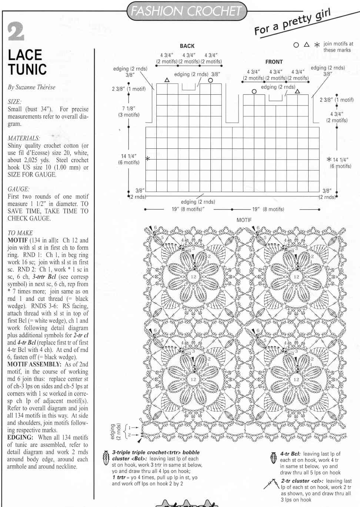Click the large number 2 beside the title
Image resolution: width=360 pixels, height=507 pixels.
[16, 31]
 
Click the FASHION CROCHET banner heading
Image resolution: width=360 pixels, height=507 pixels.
[186, 11]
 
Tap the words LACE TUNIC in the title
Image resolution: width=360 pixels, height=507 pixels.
[27, 62]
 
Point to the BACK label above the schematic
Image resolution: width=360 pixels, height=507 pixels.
[187, 46]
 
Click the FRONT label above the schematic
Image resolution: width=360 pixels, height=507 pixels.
[274, 62]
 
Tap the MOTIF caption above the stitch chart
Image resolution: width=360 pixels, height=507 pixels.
[244, 220]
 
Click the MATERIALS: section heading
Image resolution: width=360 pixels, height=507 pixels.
[24, 138]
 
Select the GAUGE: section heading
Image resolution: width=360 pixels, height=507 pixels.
[19, 189]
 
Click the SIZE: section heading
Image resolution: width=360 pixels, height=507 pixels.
[14, 102]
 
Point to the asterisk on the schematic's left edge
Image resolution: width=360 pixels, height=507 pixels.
[147, 158]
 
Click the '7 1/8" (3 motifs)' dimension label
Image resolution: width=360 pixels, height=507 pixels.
[129, 111]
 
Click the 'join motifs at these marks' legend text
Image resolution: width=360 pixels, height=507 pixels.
[338, 47]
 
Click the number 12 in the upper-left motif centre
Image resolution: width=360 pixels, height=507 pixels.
[193, 276]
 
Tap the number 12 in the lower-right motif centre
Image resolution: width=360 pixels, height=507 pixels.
[296, 379]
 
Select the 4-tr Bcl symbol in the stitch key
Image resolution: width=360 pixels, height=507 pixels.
[274, 458]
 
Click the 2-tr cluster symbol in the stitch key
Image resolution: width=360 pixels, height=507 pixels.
[272, 483]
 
